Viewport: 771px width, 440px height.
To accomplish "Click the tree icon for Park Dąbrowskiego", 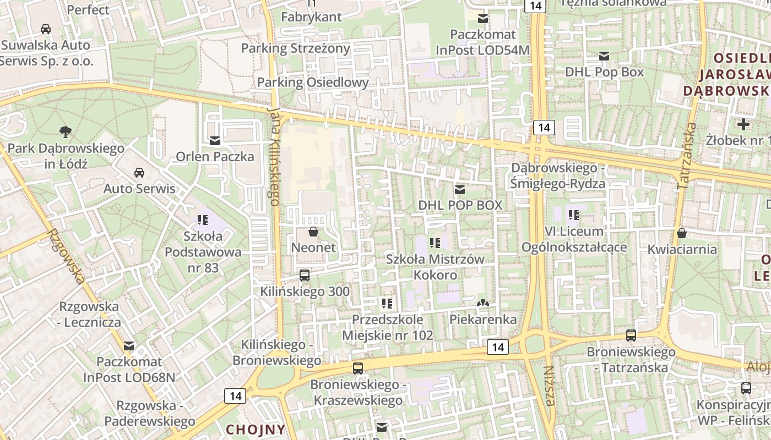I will click(x=66, y=131).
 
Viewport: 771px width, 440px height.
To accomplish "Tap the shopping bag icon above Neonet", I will click(x=313, y=232).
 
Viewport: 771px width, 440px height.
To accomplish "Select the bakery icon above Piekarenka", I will click(x=483, y=303).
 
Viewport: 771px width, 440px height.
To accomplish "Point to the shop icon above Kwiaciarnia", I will click(x=682, y=233).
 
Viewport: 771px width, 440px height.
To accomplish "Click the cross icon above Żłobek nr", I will click(x=743, y=124).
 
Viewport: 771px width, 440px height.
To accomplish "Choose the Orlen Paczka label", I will click(x=215, y=157).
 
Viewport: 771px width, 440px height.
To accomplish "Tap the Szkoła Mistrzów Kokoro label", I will click(x=435, y=267).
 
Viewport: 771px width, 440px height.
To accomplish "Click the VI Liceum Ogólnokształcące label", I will click(x=574, y=239).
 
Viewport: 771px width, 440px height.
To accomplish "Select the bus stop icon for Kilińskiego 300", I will click(x=305, y=276).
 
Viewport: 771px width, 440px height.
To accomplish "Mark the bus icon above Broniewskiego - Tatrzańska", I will click(x=631, y=335).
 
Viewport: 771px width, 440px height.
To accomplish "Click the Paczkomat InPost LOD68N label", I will click(x=129, y=370).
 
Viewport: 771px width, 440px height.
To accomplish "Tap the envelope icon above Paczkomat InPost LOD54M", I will click(x=483, y=19).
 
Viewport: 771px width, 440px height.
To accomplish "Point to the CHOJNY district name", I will click(x=256, y=429).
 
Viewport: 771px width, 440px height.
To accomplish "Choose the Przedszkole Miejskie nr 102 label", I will click(x=388, y=327).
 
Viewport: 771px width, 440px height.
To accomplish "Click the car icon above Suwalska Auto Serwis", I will click(x=46, y=29).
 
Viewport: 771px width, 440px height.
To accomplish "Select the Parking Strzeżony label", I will click(x=296, y=48).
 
